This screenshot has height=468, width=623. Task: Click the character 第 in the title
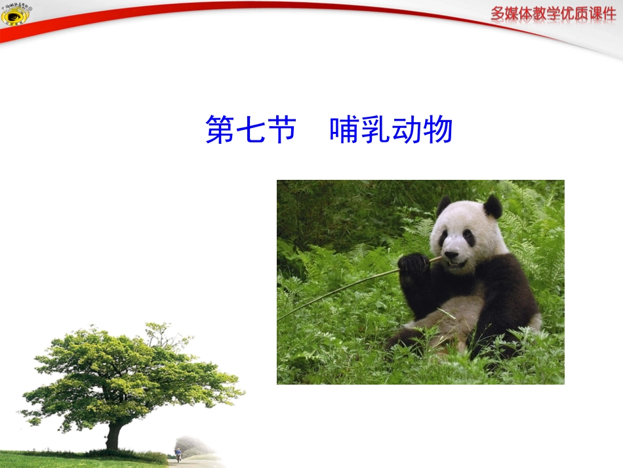tap(222, 130)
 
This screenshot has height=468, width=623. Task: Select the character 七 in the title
tap(252, 130)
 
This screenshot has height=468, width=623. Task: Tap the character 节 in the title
tap(283, 130)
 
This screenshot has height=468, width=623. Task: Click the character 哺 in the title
tap(345, 130)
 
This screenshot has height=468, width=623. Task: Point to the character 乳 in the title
tap(376, 130)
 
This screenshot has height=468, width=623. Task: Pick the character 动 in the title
tap(407, 130)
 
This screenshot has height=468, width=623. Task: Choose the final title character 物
tap(437, 130)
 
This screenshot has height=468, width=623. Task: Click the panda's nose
tap(451, 254)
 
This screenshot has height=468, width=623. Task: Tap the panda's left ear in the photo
tap(444, 205)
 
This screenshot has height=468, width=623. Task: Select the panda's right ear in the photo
tap(492, 207)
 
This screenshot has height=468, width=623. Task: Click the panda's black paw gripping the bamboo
tap(413, 265)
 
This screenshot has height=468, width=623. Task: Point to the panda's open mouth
tap(454, 264)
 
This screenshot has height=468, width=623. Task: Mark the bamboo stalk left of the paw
tap(341, 290)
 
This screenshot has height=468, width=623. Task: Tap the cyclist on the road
tap(178, 454)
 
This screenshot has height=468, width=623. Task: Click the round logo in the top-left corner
tap(14, 14)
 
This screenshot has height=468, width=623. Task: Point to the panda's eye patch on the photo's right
tap(469, 238)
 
